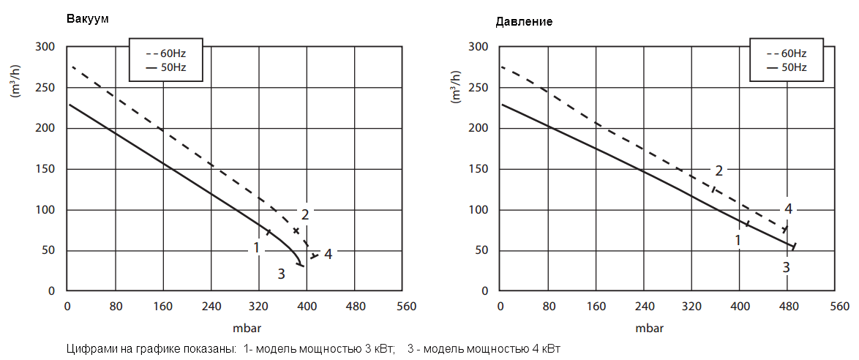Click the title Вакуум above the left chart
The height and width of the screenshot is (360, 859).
(87, 19)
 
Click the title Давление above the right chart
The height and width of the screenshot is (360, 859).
(524, 21)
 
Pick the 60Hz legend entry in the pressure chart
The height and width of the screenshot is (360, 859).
(787, 53)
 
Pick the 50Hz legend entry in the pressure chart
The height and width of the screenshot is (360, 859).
(787, 67)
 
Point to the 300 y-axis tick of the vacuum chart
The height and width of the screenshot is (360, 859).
(45, 47)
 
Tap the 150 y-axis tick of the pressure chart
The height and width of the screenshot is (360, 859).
(479, 169)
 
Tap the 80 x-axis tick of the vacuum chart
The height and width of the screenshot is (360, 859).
(116, 306)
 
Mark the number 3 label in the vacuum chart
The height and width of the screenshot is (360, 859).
(281, 274)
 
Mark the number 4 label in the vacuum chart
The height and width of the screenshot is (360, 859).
(329, 255)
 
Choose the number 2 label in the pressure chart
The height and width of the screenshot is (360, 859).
(719, 171)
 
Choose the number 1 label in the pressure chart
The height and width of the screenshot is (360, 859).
(739, 239)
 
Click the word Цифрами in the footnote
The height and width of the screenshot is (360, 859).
(89, 349)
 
